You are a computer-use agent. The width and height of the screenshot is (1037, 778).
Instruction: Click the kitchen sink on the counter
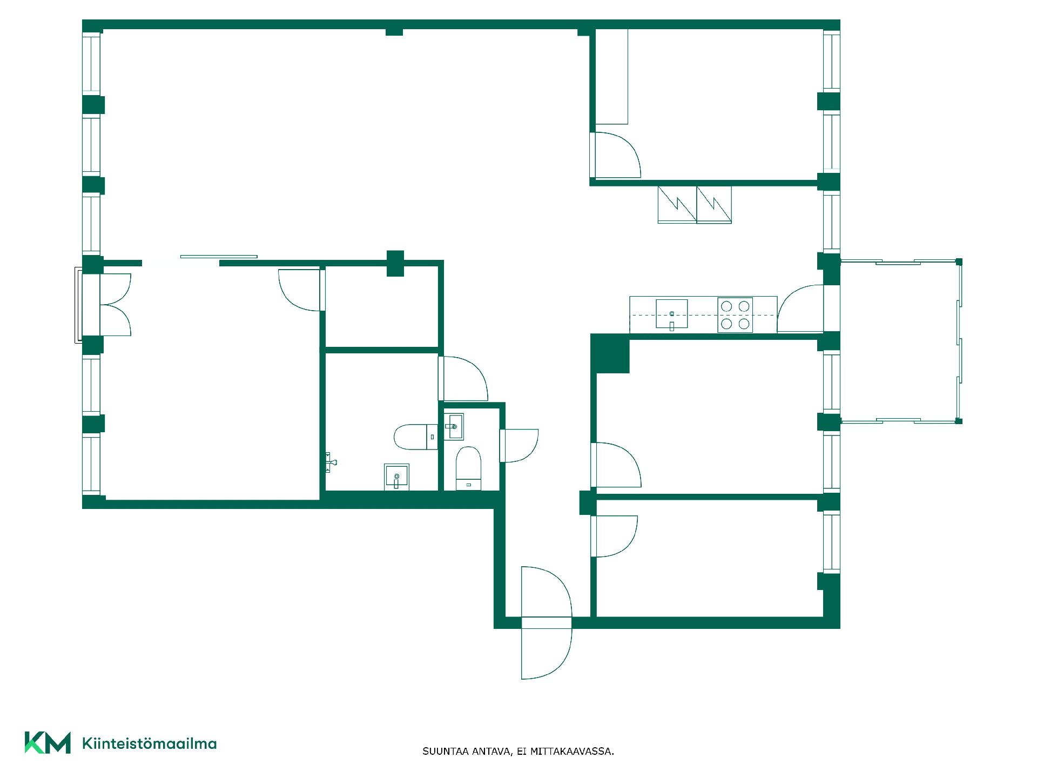point(672,314)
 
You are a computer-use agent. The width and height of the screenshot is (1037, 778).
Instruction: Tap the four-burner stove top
point(735,315)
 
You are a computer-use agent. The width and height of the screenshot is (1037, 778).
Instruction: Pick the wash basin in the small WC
point(454,427)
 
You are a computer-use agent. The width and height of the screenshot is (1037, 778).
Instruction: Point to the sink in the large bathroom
point(396,477)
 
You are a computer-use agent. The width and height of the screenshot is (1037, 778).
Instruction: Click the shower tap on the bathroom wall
point(331,462)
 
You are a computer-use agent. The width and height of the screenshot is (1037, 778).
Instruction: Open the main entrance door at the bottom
point(546,622)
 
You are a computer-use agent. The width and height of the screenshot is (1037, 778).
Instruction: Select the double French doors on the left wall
point(115,305)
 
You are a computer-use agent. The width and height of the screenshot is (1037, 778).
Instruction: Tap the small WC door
point(518,446)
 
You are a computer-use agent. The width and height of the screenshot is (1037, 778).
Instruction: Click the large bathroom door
point(463,378)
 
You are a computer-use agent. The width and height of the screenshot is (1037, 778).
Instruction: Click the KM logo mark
point(48,742)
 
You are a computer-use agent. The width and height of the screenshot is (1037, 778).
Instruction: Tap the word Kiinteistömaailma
point(149,743)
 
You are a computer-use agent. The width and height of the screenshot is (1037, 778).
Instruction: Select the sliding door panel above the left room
point(219,257)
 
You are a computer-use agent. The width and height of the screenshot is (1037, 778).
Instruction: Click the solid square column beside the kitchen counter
point(610,353)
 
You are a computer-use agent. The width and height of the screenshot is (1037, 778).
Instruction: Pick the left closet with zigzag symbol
point(677,205)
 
